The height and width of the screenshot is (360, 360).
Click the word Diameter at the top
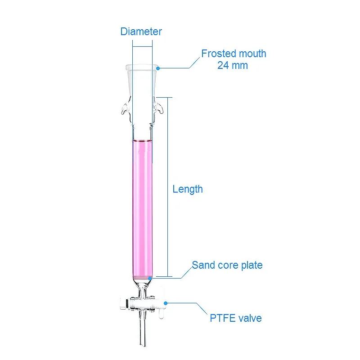click(141, 31)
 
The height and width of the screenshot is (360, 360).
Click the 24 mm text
click(233, 65)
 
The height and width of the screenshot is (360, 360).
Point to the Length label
click(188, 189)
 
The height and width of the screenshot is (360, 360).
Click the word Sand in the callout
click(202, 265)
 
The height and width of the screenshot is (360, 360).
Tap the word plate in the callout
click(252, 265)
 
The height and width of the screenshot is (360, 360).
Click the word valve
click(250, 318)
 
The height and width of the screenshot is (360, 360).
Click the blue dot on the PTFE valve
click(165, 302)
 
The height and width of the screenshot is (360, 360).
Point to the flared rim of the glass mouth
click(142, 67)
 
